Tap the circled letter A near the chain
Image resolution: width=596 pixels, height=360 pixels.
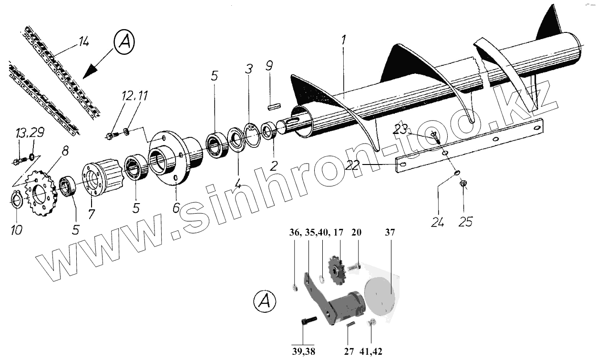(x=124, y=43)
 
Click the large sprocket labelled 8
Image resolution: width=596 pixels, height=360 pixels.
(x=41, y=195)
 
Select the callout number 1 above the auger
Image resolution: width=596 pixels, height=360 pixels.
(x=342, y=42)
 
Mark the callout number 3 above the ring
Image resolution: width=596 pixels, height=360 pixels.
(x=248, y=68)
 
